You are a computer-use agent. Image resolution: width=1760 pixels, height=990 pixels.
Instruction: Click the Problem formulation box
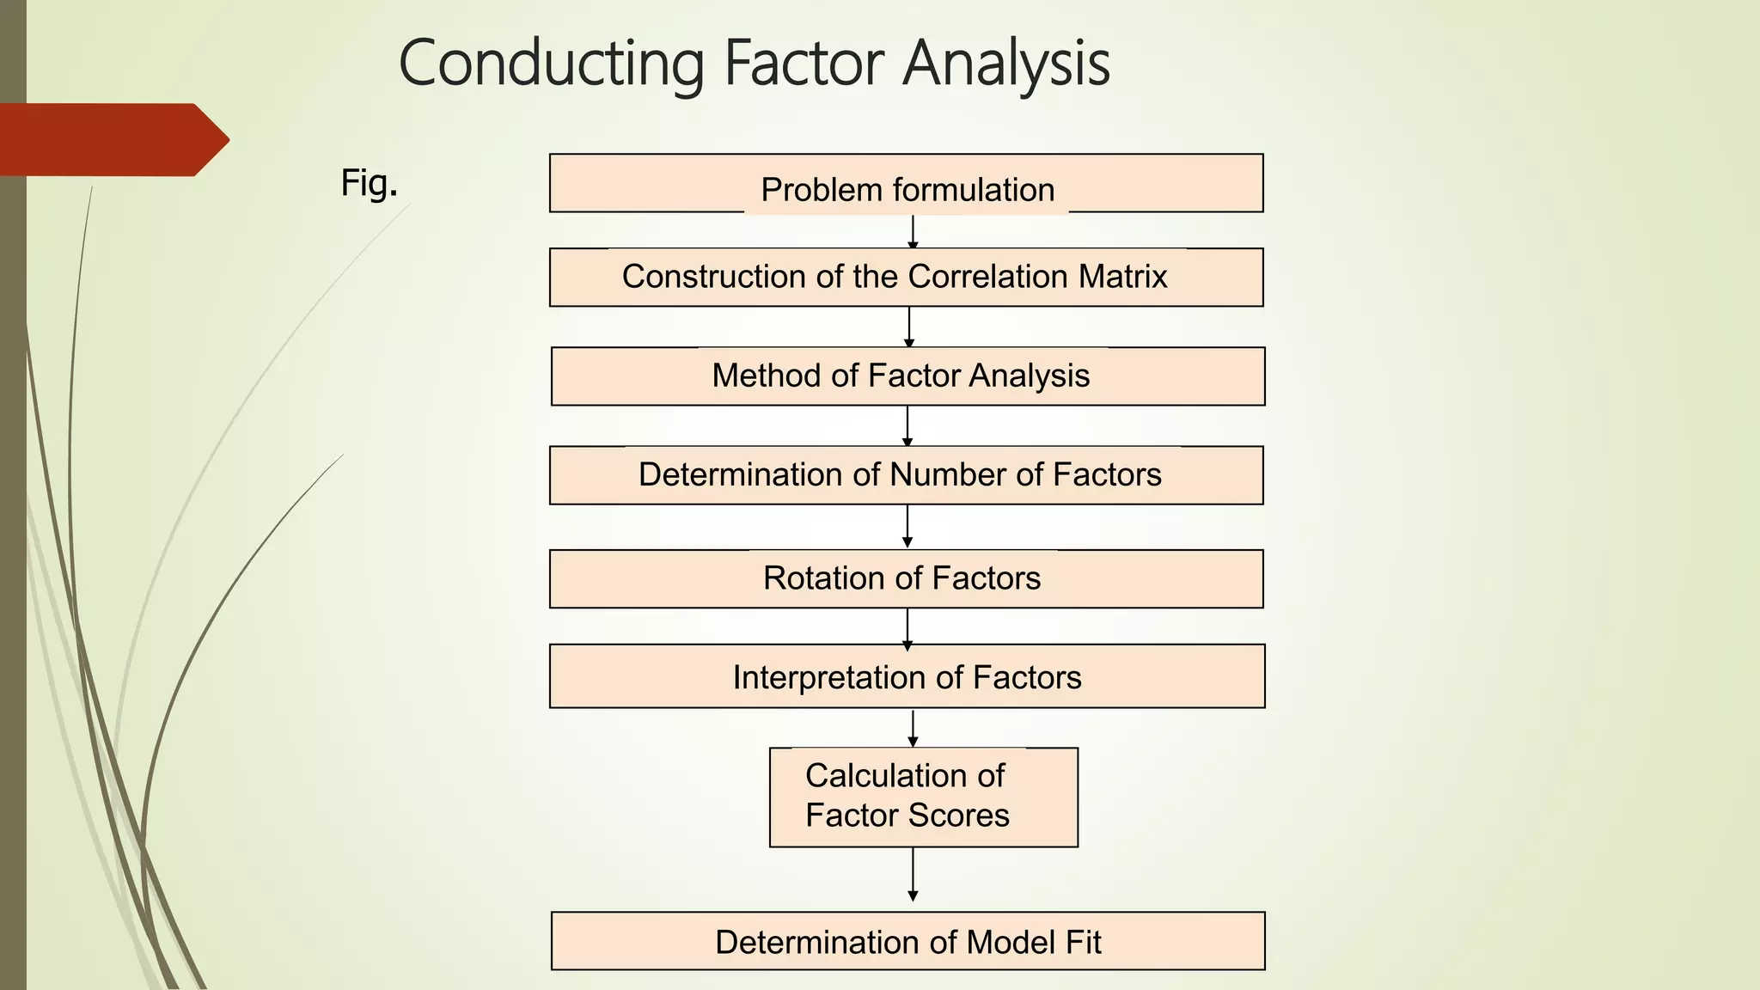point(906,184)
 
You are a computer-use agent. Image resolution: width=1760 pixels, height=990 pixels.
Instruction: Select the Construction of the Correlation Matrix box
point(906,278)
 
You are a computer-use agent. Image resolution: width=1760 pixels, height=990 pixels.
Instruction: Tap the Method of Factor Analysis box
point(907,376)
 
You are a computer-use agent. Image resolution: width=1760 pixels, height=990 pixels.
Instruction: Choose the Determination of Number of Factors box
point(906,475)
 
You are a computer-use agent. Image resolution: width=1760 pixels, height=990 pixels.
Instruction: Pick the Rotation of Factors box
point(906,578)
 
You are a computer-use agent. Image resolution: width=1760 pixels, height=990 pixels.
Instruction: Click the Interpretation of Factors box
point(907,676)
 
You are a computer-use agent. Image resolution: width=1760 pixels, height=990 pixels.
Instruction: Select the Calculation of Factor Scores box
point(923,797)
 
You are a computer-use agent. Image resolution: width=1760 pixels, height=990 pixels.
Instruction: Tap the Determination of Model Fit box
point(907,941)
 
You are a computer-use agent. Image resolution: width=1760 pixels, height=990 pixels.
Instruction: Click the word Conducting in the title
point(551,64)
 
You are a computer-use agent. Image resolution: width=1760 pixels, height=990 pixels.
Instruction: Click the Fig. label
point(369,182)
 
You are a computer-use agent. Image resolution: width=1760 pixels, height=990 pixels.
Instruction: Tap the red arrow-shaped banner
point(112,139)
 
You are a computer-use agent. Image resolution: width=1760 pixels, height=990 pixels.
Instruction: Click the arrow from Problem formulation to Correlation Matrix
point(913,230)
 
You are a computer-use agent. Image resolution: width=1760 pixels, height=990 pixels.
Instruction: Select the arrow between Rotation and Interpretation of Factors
point(907,626)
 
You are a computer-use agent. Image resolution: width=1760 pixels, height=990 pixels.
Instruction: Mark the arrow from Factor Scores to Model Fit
point(913,875)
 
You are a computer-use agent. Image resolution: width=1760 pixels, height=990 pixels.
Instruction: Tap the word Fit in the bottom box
point(1083,942)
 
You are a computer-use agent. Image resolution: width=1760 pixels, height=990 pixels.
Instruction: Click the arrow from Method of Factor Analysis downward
point(907,425)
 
